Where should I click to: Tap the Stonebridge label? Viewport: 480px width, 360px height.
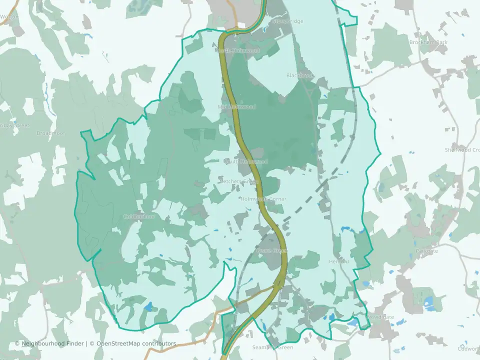288,21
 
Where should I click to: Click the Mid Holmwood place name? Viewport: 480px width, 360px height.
237,107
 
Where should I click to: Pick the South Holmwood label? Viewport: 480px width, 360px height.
246,161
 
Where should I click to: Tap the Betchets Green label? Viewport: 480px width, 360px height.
239,181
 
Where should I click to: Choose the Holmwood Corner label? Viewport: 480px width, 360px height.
263,199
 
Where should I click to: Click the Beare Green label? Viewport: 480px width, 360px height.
270,250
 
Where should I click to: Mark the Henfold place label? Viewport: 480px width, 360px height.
339,261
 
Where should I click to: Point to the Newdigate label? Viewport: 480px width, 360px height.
381,317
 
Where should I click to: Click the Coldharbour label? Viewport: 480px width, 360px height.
139,216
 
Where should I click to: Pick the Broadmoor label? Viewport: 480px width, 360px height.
51,133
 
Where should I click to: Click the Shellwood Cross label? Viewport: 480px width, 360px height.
462,150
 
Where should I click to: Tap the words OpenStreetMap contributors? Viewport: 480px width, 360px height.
136,343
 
